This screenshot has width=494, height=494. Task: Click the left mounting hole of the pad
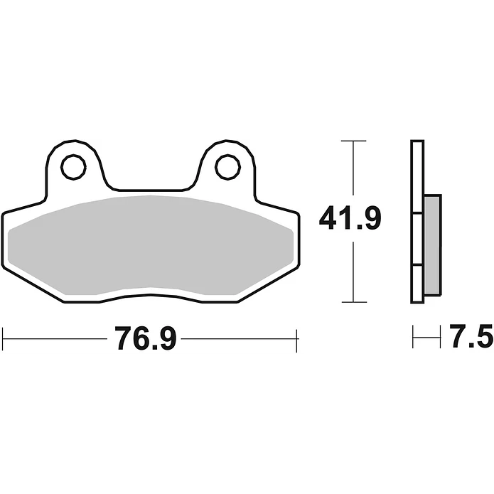73,167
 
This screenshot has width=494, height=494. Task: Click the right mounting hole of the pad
227,167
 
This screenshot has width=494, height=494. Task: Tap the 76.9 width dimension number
145,338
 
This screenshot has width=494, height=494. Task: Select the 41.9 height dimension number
350,218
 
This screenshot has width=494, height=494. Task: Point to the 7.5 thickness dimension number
471,335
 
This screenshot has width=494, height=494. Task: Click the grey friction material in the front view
151,245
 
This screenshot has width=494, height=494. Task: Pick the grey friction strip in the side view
432,245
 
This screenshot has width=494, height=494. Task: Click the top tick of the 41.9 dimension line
353,141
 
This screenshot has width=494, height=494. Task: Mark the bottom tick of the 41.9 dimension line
354,302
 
